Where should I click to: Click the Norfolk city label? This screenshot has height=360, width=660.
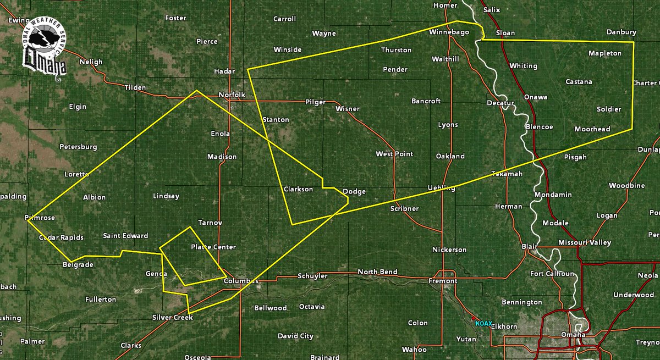click(231, 95)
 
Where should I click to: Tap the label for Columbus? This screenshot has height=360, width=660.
click(240, 281)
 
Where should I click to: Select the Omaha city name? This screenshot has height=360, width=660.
click(573, 335)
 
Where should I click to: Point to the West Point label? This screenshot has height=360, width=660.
click(394, 154)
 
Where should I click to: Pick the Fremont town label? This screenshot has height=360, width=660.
click(443, 281)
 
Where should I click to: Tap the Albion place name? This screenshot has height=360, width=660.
click(94, 197)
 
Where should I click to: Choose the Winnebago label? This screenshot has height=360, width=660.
click(449, 32)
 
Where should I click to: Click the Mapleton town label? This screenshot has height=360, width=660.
click(604, 53)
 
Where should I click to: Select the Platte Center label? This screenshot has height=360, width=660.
click(213, 247)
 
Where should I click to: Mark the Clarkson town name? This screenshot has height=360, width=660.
click(298, 189)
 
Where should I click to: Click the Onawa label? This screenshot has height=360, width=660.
click(535, 97)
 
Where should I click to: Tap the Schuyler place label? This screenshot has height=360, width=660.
click(313, 275)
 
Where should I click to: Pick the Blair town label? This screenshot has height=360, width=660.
click(529, 247)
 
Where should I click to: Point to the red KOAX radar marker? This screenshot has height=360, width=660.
click(473, 318)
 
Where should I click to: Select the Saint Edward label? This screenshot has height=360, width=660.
click(125, 236)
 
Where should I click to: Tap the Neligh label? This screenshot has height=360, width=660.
click(91, 62)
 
